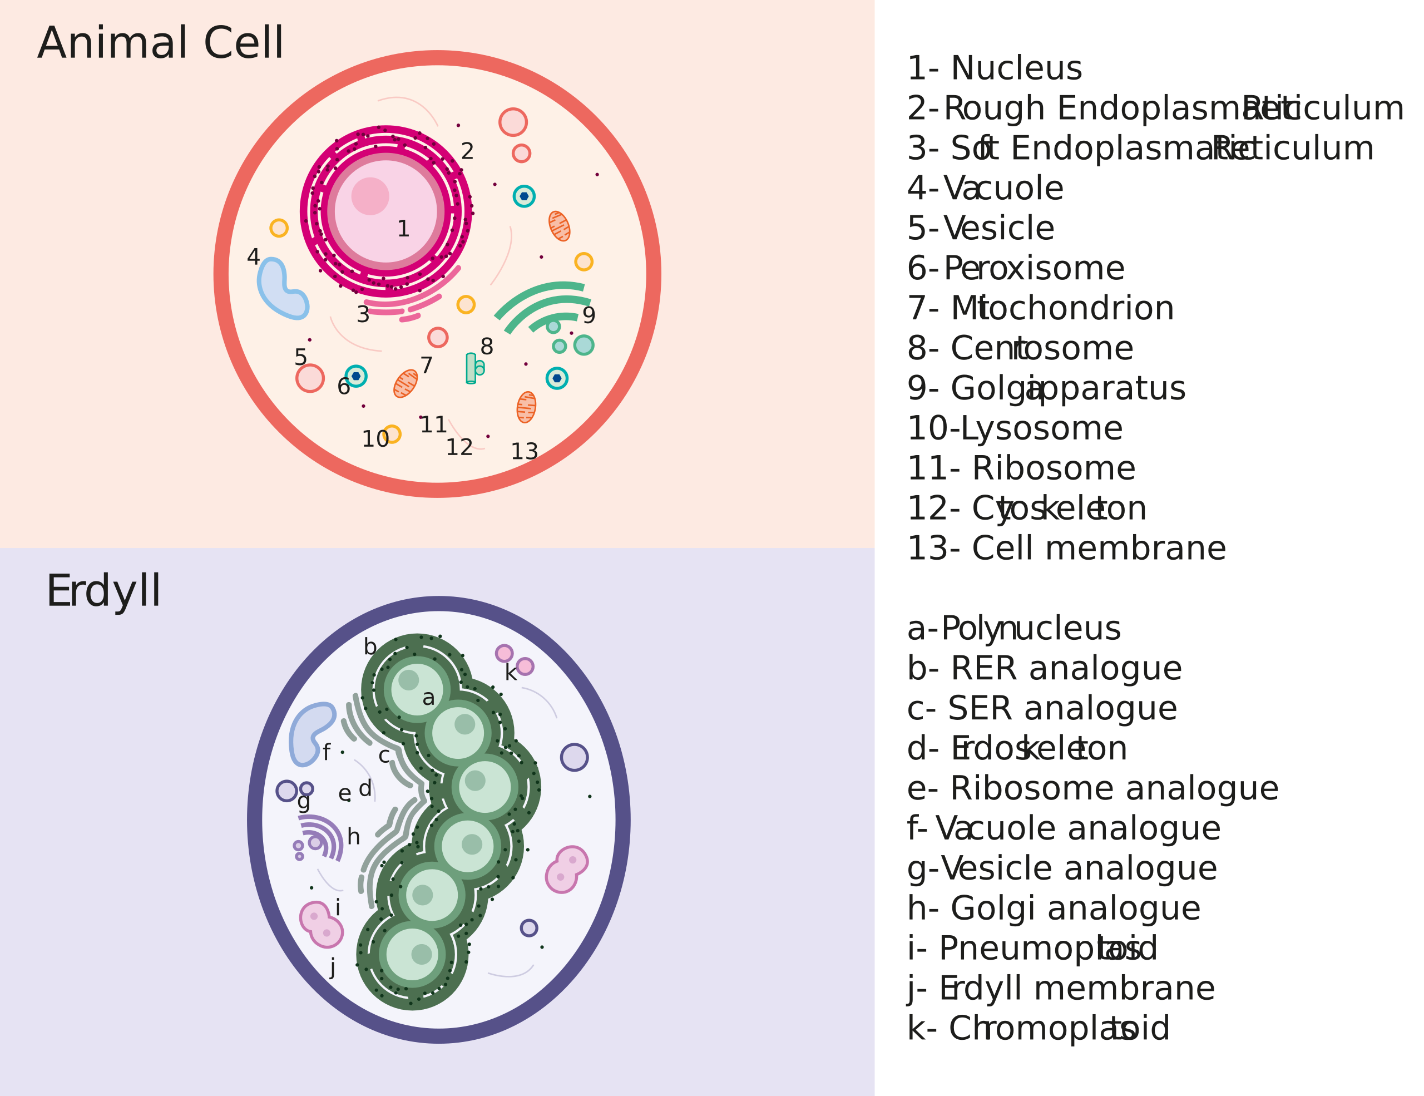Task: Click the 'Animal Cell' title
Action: coord(160,44)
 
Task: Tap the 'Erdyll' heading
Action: coord(103,591)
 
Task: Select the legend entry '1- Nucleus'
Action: coord(995,68)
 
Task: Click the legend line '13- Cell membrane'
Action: coord(1066,549)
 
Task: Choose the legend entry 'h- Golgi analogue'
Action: coord(1054,908)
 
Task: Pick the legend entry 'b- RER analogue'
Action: coord(1045,668)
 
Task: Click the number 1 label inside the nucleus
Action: coord(403,229)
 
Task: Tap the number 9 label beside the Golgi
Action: coord(589,315)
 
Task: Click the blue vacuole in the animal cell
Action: coord(281,289)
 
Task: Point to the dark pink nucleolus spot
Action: coord(370,196)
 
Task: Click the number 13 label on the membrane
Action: coord(524,451)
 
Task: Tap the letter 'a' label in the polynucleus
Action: coord(428,698)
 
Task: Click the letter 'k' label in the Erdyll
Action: coord(511,673)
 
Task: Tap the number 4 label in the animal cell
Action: coord(253,257)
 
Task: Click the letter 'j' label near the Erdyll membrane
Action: coord(333,967)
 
